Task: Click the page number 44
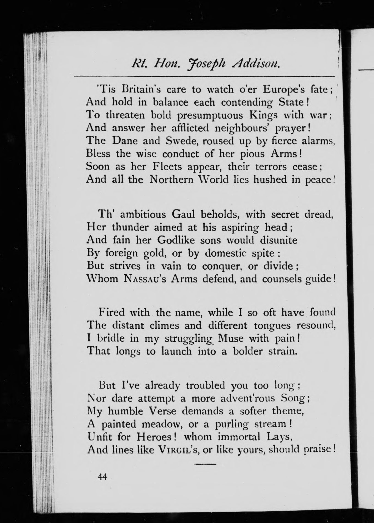(x=102, y=477)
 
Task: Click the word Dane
(x=125, y=141)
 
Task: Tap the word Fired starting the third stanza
(x=111, y=313)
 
